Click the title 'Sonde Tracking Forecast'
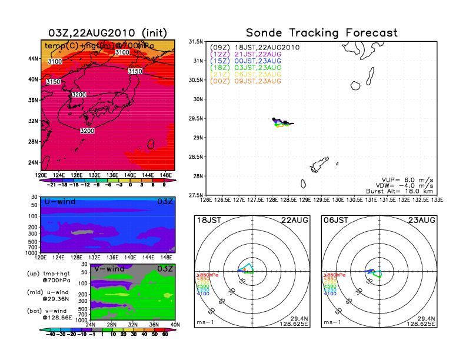point(321,32)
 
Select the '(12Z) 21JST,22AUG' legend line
point(246,54)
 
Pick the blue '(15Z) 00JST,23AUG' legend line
point(246,61)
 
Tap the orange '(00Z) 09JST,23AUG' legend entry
point(246,81)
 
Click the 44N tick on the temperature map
point(34,58)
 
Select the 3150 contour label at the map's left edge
point(53,82)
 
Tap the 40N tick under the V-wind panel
point(174,324)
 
